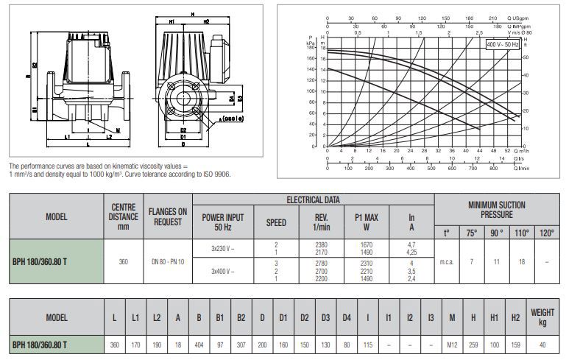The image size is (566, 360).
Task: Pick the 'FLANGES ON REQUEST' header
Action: (x=167, y=217)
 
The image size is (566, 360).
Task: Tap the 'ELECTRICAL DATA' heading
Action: (x=313, y=200)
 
